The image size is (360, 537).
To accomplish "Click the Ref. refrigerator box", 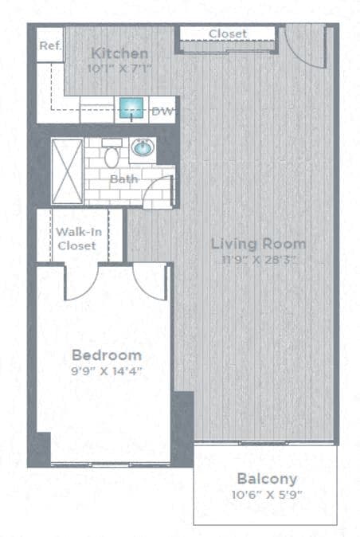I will [x=49, y=46].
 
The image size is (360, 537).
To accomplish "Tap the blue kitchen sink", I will [x=132, y=110].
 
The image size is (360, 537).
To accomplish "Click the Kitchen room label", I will [x=119, y=53].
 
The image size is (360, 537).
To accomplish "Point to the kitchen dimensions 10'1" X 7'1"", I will [x=119, y=69].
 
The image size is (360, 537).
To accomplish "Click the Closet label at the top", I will [x=227, y=33].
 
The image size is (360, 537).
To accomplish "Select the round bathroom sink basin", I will [x=143, y=148].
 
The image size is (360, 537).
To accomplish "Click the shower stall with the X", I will [x=67, y=169].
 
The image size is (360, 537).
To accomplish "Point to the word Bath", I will [x=123, y=179].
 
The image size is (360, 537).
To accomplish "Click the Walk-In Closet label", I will [x=76, y=238].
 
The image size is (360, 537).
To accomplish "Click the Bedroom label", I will [x=107, y=355].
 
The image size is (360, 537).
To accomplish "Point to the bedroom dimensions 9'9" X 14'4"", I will [x=107, y=370].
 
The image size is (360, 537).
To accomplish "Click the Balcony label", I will [x=267, y=479].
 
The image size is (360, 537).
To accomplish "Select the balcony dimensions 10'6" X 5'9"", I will [x=267, y=495].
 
